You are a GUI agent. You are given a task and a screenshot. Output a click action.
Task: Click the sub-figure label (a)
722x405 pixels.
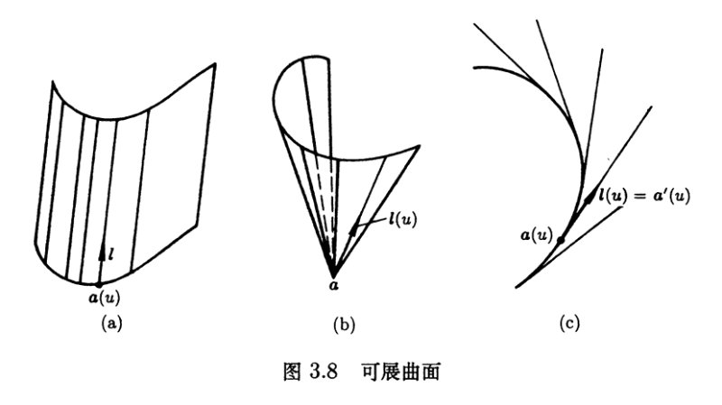[111, 324]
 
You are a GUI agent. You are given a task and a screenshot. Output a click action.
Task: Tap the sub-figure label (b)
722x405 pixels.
[344, 325]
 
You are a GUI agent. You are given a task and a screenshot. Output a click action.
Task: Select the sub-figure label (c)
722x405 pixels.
[569, 323]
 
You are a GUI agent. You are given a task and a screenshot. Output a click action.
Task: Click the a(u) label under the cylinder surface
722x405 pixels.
[104, 299]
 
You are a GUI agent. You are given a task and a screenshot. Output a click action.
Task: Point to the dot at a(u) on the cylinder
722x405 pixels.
[99, 285]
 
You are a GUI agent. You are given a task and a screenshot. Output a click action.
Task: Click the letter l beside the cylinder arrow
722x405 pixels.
[111, 253]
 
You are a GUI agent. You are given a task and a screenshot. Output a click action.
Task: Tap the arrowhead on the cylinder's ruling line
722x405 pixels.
[102, 250]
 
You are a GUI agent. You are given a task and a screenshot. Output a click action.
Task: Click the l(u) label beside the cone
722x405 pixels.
[403, 218]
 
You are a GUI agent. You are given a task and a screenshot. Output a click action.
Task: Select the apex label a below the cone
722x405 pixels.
[334, 286]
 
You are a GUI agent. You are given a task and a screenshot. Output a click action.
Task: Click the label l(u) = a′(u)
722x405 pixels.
[644, 196]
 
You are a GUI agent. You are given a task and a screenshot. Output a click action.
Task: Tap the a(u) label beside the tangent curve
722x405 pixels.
[536, 235]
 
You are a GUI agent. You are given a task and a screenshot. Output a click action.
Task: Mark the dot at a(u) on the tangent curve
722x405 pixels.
[560, 240]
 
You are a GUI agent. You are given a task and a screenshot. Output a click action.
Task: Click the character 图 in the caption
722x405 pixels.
[292, 372]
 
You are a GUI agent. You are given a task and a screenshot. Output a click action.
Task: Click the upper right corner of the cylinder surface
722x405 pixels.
[215, 63]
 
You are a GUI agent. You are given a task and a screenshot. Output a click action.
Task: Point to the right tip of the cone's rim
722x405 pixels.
[420, 146]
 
